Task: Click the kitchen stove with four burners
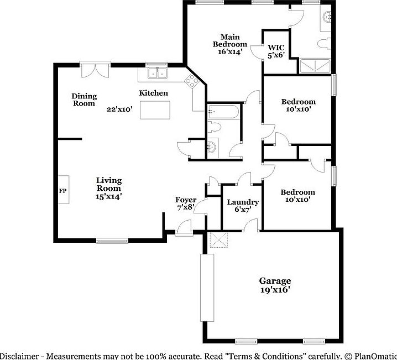pyautogui.click(x=192, y=82)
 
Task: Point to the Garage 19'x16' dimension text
pyautogui.click(x=275, y=289)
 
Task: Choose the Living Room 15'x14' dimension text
pyautogui.click(x=108, y=195)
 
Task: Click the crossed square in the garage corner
pyautogui.click(x=218, y=241)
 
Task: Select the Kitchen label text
pyautogui.click(x=153, y=93)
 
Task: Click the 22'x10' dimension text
pyautogui.click(x=120, y=109)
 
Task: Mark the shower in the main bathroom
pyautogui.click(x=316, y=67)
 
